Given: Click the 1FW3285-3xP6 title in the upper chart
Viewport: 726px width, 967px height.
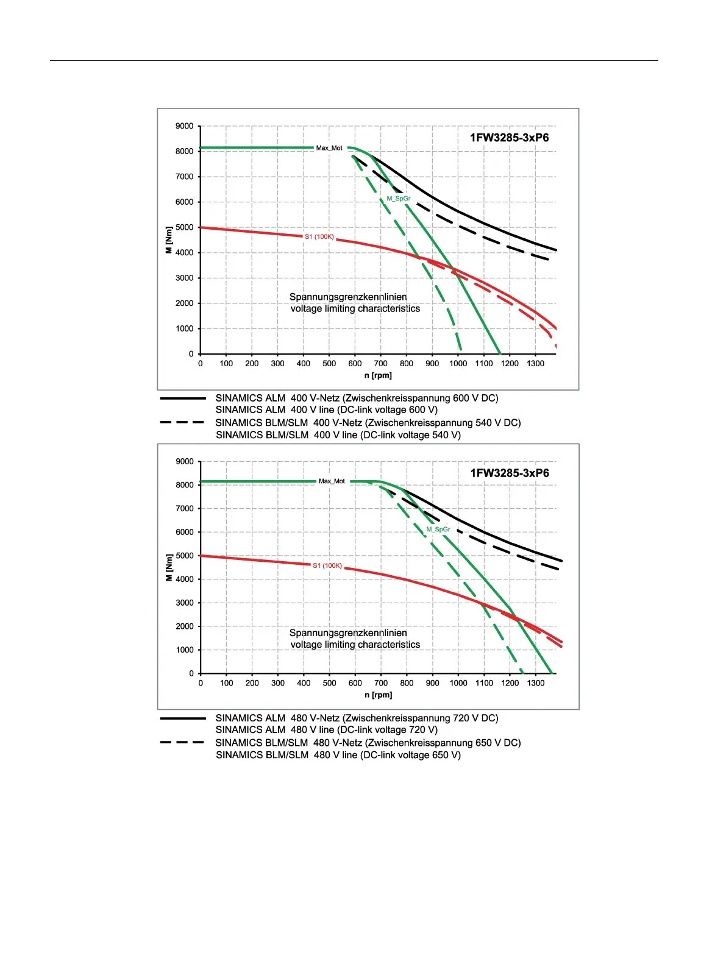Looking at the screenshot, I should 509,138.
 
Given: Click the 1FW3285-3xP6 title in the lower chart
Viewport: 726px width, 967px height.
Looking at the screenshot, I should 509,473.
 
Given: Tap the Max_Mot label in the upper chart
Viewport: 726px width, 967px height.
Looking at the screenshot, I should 329,148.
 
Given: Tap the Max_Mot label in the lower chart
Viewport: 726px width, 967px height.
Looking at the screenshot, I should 332,481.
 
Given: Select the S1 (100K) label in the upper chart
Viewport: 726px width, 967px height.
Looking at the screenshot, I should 319,236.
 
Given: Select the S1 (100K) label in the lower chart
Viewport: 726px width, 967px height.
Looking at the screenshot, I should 327,565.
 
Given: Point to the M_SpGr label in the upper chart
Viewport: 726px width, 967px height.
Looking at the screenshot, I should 399,199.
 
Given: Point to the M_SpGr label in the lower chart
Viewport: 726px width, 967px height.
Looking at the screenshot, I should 438,530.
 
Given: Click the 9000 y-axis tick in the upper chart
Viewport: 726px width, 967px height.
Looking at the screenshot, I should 184,126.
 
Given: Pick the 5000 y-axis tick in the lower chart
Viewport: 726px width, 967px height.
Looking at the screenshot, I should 184,556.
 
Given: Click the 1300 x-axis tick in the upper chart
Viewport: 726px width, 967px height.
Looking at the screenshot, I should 535,364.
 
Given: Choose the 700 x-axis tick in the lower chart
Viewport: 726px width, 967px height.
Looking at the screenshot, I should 381,683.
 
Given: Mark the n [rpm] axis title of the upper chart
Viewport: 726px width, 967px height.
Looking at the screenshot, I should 378,375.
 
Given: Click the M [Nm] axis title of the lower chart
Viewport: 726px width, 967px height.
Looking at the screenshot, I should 169,567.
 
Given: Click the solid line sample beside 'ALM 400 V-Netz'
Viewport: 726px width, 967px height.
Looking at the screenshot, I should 183,398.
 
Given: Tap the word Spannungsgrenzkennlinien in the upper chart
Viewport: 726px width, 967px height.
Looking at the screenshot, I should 348,297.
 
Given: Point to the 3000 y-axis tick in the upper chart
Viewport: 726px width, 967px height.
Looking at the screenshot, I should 184,278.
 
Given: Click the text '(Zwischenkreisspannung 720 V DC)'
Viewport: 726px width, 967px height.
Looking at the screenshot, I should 420,718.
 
